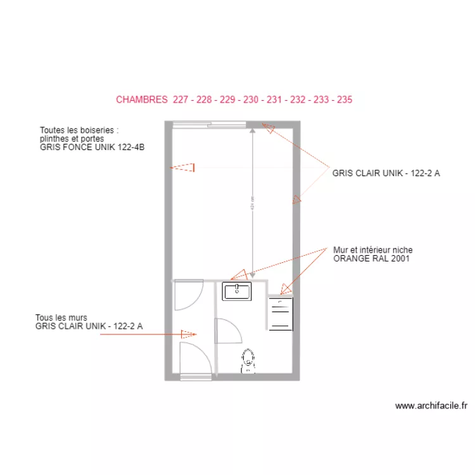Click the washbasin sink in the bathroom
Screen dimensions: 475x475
(x=237, y=291)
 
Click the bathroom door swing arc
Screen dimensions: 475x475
(x=226, y=331)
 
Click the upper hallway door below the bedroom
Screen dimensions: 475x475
(x=188, y=294)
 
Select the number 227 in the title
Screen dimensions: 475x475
(x=180, y=99)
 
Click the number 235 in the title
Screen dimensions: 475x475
(x=345, y=99)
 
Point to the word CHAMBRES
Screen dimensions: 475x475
(x=142, y=99)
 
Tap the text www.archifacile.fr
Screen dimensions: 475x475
(x=431, y=406)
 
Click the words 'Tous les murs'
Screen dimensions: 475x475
(x=61, y=317)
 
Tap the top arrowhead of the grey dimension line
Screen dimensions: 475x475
(x=252, y=130)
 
